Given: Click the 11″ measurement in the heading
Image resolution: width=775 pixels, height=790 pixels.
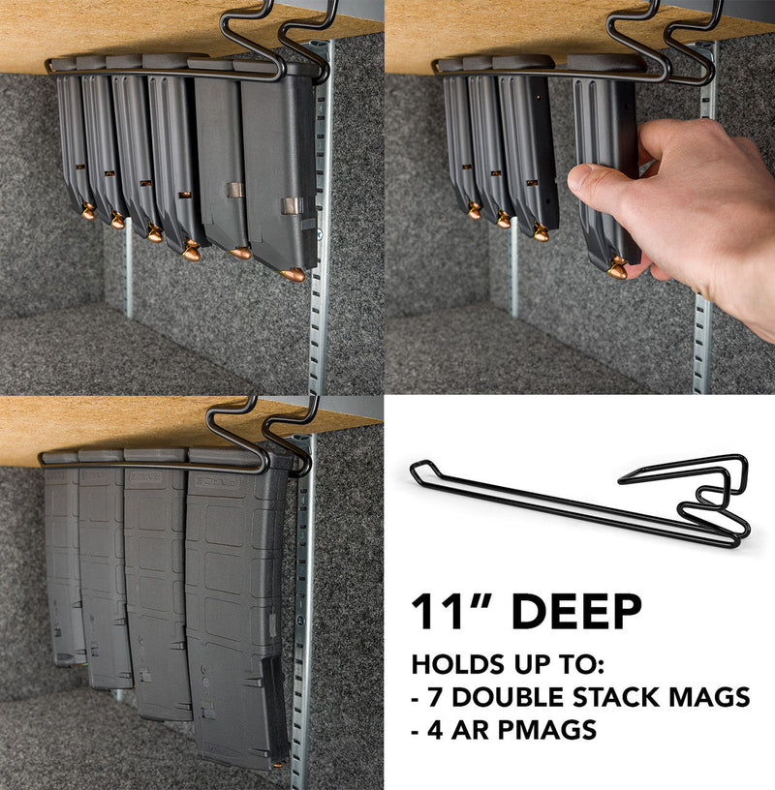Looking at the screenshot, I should [453, 612].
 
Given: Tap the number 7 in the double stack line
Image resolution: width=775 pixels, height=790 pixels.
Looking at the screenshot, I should [433, 696].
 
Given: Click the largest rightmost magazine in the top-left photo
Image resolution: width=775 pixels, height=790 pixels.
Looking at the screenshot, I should [279, 169].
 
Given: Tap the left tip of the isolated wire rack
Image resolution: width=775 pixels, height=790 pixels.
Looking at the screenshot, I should [415, 471].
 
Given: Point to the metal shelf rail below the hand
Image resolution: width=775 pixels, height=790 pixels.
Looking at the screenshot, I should [701, 349].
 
